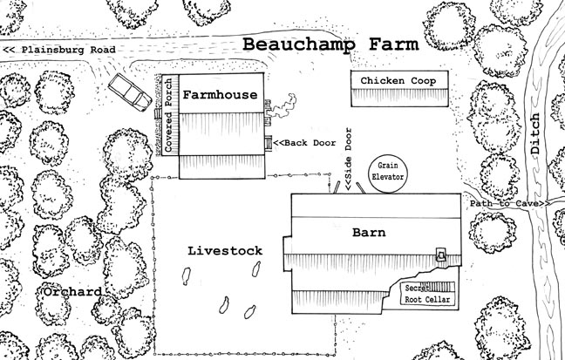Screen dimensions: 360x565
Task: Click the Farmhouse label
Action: [x=221, y=97]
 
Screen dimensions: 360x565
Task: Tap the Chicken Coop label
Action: [x=398, y=81]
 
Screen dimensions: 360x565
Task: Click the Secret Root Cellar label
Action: [x=426, y=294]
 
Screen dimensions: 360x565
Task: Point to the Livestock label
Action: [x=224, y=250]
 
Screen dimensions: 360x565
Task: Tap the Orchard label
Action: [x=68, y=291]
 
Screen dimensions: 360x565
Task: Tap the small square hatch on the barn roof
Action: [x=441, y=255]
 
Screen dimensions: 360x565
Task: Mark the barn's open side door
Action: [x=348, y=187]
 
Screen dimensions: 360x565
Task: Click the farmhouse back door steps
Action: [x=269, y=143]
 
